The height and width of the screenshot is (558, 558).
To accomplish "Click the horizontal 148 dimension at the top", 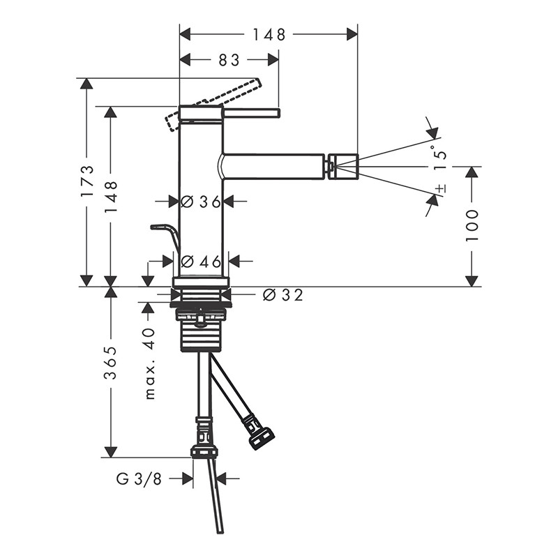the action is click(x=269, y=34).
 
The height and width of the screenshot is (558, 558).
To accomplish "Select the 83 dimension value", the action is click(x=229, y=60).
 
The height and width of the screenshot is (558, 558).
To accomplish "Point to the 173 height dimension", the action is click(x=87, y=181).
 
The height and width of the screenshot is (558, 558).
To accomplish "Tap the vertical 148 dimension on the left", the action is click(x=111, y=197).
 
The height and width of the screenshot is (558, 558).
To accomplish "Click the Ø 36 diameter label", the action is click(x=200, y=202).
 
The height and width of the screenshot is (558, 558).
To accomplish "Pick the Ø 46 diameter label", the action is click(x=200, y=262).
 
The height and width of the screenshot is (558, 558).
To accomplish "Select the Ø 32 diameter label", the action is click(x=283, y=294).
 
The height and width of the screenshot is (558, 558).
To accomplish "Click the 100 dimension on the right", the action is click(x=472, y=225).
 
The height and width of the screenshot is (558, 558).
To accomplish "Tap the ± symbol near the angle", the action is click(x=441, y=188).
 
